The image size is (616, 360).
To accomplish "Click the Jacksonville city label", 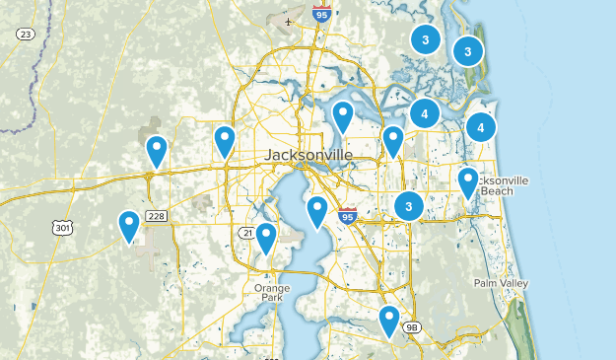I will coord(308,156).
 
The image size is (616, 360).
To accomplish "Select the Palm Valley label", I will coord(500,283).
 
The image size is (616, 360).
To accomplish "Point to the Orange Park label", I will coord(272,293).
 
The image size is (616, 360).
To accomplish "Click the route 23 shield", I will coord(26,35).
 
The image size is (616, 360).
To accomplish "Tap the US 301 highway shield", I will coord(64,228).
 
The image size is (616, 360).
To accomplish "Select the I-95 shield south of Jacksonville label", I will coord(346,215).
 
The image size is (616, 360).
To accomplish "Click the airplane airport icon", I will coord(288,21).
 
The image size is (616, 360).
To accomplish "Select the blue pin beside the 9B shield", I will coord(389,321).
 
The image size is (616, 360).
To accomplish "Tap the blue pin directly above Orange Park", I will coord(265,238).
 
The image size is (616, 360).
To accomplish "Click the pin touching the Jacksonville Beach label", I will coord(468,182).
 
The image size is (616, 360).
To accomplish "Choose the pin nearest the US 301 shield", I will coord(129,226).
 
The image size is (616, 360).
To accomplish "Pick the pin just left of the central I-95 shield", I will coord(317,210).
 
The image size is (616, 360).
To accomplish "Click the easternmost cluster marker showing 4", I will coord(481,126).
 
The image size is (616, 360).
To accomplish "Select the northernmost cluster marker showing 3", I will coord(425,39).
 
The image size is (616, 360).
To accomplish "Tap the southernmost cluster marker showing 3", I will coord(408,205).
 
